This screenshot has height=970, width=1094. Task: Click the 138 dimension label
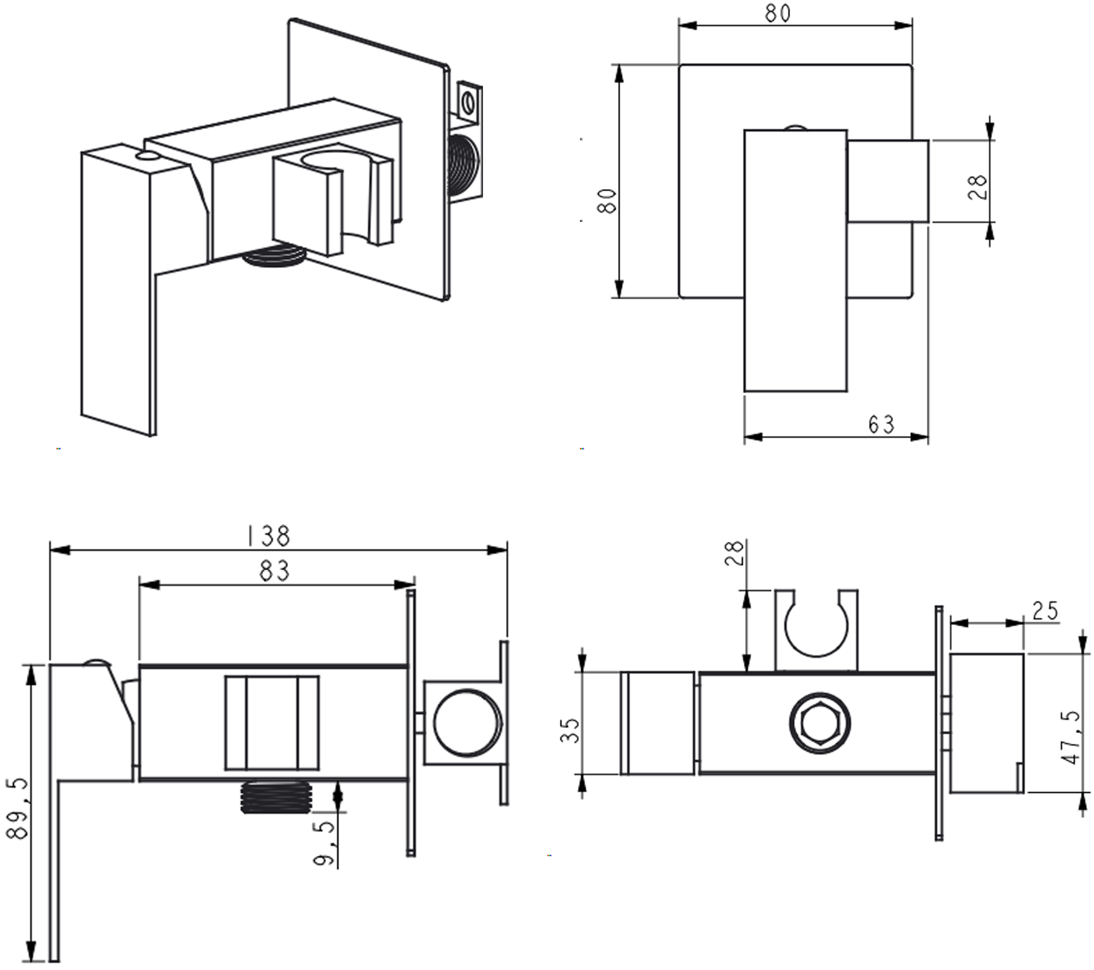click(x=268, y=536)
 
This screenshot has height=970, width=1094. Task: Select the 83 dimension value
click(x=274, y=571)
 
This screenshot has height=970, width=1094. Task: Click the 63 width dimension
click(x=881, y=424)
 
